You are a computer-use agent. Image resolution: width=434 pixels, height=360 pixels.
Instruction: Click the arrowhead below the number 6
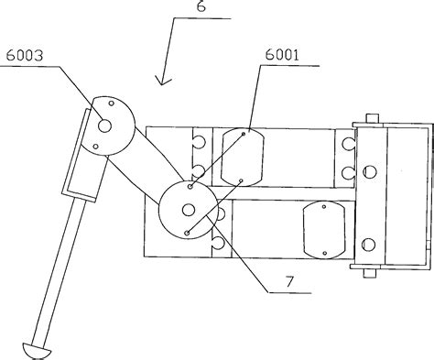click(x=163, y=81)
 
